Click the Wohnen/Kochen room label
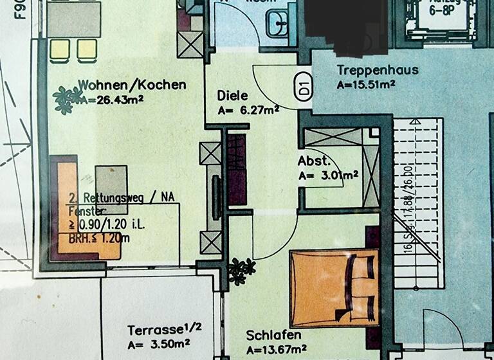(132, 84)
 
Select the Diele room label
(232, 96)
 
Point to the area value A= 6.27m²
(248, 110)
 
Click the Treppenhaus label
(378, 70)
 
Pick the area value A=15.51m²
(365, 84)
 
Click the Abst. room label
(314, 161)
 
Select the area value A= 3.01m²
(328, 174)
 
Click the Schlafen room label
(274, 336)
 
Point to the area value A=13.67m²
(276, 350)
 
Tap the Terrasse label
(165, 330)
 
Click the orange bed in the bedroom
(333, 287)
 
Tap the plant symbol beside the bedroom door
(241, 270)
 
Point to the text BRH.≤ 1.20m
(99, 239)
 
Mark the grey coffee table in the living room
(112, 181)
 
